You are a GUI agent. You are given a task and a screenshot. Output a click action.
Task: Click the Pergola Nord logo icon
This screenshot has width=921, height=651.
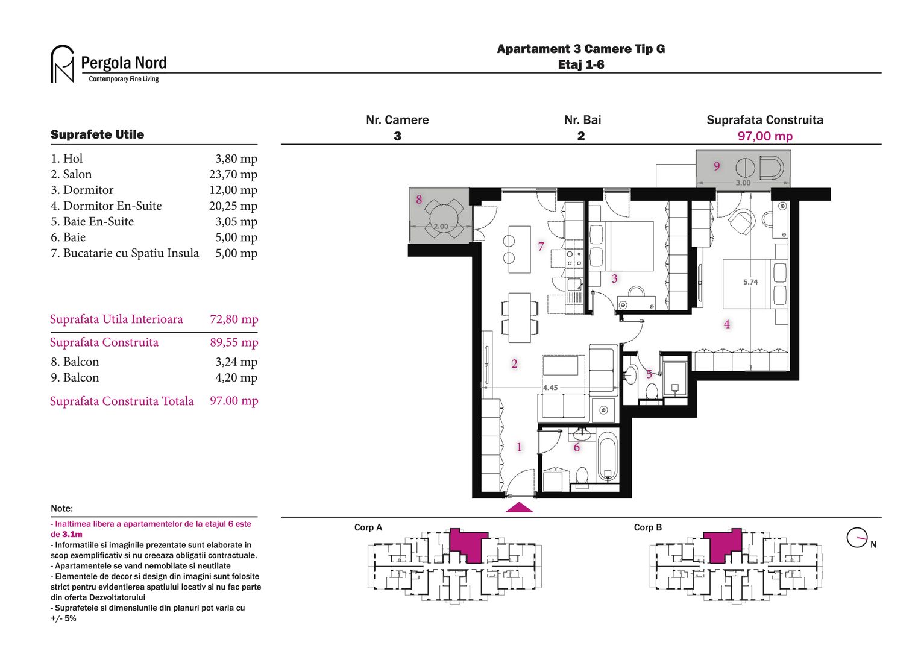tap(62, 64)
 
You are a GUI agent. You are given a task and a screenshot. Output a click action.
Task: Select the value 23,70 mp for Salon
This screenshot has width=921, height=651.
tap(233, 174)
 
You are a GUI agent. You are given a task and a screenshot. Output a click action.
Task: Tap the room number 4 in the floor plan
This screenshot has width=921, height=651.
tap(726, 324)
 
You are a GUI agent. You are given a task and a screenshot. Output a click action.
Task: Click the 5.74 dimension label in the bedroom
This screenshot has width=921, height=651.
tap(750, 282)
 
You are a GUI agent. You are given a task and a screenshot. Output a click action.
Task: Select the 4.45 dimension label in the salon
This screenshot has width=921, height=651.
tap(550, 388)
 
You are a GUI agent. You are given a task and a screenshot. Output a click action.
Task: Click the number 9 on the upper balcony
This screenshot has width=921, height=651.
tap(717, 166)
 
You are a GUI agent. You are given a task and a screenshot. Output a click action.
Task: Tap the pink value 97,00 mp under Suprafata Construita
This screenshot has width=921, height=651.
tap(765, 136)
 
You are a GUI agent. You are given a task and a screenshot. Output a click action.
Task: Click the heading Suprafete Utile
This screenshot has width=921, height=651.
tap(97, 134)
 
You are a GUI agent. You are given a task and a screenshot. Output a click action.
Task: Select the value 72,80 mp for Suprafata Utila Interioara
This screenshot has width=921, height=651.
tap(234, 319)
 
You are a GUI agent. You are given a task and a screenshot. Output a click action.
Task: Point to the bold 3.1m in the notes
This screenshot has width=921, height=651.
tap(72, 535)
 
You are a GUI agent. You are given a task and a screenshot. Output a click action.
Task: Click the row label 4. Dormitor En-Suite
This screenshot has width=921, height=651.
tap(106, 206)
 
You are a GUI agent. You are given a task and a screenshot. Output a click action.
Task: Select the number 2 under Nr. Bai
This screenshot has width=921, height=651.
tap(581, 136)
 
